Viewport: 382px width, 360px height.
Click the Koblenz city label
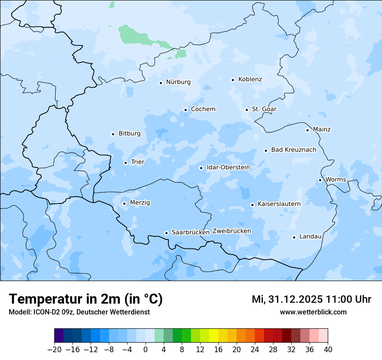pyautogui.click(x=250, y=79)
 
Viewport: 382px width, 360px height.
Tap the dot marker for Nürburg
pyautogui.click(x=161, y=83)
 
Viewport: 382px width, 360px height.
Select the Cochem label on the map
pyautogui.click(x=203, y=109)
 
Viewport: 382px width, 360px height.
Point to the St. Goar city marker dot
pyautogui.click(x=247, y=110)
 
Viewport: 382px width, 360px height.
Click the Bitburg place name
pyautogui.click(x=129, y=134)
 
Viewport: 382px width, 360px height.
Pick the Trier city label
pyautogui.click(x=137, y=162)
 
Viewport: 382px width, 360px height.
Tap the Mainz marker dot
pyautogui.click(x=307, y=130)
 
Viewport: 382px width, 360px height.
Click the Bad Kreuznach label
pyautogui.click(x=293, y=150)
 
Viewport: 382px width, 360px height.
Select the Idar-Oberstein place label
pyautogui.click(x=228, y=167)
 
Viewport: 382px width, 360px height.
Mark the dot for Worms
pyautogui.click(x=320, y=180)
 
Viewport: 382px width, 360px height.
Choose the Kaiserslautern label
pyautogui.click(x=279, y=204)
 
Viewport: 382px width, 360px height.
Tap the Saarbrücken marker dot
pyautogui.click(x=166, y=233)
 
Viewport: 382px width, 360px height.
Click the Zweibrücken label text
pyautogui.click(x=231, y=231)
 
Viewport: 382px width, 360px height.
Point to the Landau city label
pyautogui.click(x=310, y=237)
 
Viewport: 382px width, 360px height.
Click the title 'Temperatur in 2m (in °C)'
pyautogui.click(x=86, y=299)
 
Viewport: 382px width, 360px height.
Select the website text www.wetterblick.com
pyautogui.click(x=313, y=312)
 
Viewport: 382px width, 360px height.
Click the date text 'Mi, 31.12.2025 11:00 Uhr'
pyautogui.click(x=311, y=299)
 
